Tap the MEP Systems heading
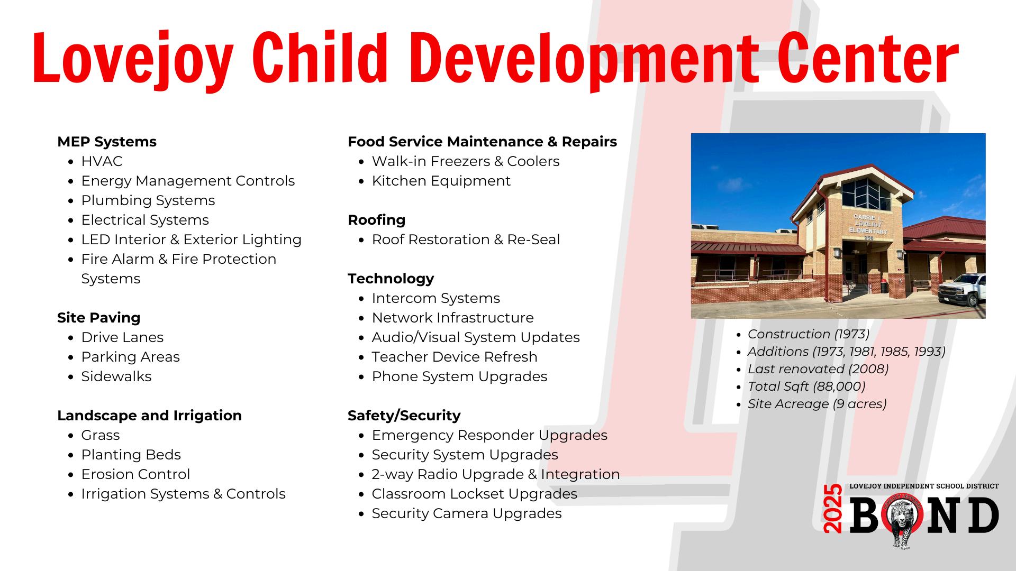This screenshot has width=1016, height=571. (x=107, y=142)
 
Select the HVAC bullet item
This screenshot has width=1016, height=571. (x=102, y=161)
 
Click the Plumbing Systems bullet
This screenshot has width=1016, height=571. (x=148, y=200)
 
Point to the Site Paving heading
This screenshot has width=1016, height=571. (x=99, y=318)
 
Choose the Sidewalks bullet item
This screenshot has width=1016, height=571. (x=116, y=376)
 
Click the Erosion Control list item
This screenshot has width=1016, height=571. (x=135, y=474)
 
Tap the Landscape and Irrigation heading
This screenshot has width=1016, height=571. (x=150, y=416)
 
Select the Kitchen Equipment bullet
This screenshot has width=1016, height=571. (x=441, y=181)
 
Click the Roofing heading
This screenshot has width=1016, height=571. (x=377, y=220)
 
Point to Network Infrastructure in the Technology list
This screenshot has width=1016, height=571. (x=453, y=318)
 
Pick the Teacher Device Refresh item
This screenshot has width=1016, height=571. (x=455, y=357)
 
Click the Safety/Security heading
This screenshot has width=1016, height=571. (x=404, y=416)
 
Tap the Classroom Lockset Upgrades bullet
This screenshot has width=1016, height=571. (x=475, y=494)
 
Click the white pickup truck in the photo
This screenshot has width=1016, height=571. (x=962, y=290)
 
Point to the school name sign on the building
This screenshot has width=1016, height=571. (x=868, y=225)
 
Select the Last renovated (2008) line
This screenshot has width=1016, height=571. (x=818, y=369)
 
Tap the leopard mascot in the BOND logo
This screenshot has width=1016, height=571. (x=906, y=521)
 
